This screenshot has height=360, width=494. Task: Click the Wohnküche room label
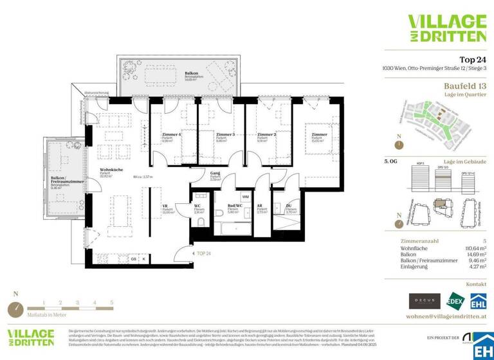pos(107,170)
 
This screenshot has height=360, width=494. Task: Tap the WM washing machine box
pos(245,197)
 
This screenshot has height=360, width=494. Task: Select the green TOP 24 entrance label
pos(205,254)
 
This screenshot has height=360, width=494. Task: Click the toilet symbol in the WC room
pos(201,222)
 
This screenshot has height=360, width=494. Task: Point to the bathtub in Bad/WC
pos(234,228)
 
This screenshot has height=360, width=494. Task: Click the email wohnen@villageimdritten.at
pos(446,316)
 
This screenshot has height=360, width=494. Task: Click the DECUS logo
pos(425,300)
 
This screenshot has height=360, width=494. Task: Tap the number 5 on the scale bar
pos(111,301)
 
